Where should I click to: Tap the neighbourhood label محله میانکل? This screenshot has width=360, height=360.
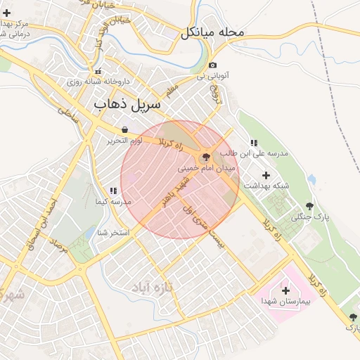pyautogui.click(x=212, y=32)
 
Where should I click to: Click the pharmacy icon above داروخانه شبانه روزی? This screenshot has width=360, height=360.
pyautogui.click(x=98, y=70)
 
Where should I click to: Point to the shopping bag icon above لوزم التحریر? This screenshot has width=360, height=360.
pyautogui.click(x=124, y=130)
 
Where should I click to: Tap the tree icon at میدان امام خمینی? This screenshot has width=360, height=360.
pyautogui.click(x=205, y=157)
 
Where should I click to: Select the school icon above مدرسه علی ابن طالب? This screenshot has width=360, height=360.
pyautogui.click(x=254, y=143)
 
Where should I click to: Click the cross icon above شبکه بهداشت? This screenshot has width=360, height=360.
pyautogui.click(x=266, y=175)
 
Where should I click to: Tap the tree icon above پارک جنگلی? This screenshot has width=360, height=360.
pyautogui.click(x=309, y=206)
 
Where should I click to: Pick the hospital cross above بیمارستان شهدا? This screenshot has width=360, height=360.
pyautogui.click(x=285, y=290)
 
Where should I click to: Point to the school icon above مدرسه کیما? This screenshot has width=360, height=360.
pyautogui.click(x=112, y=191)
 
